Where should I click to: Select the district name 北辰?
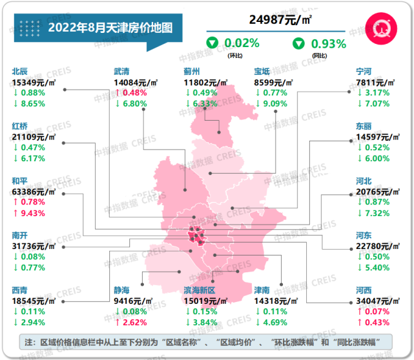click(x=20, y=72)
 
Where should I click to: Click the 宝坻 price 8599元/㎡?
click(x=274, y=83)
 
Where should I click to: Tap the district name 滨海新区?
click(x=200, y=290)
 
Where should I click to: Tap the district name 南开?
click(x=20, y=235)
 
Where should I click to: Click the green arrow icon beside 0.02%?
click(x=211, y=44)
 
